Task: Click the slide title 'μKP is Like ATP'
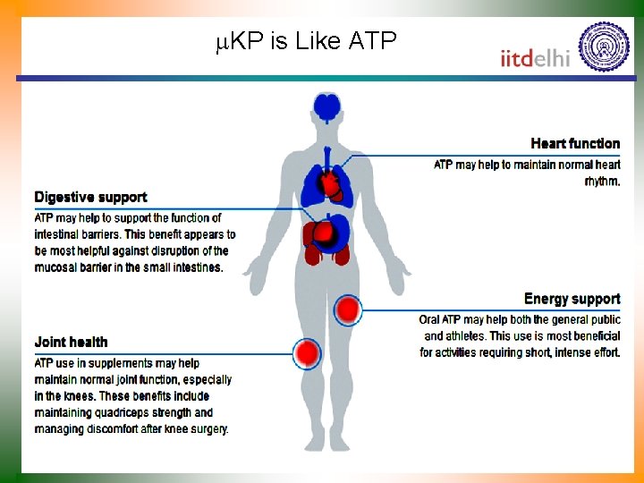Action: point(306,41)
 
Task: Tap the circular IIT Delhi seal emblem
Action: point(604,47)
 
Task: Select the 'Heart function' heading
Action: point(574,143)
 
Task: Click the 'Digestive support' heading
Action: point(90,197)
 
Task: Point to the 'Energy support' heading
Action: point(572,299)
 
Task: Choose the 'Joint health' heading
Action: point(71,342)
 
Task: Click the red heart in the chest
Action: point(332,186)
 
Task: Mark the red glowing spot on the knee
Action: point(308,354)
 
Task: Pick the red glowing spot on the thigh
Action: point(348,310)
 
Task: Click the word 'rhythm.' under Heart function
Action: point(601,181)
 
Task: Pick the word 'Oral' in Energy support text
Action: point(432,320)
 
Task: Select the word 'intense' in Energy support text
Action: point(563,352)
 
